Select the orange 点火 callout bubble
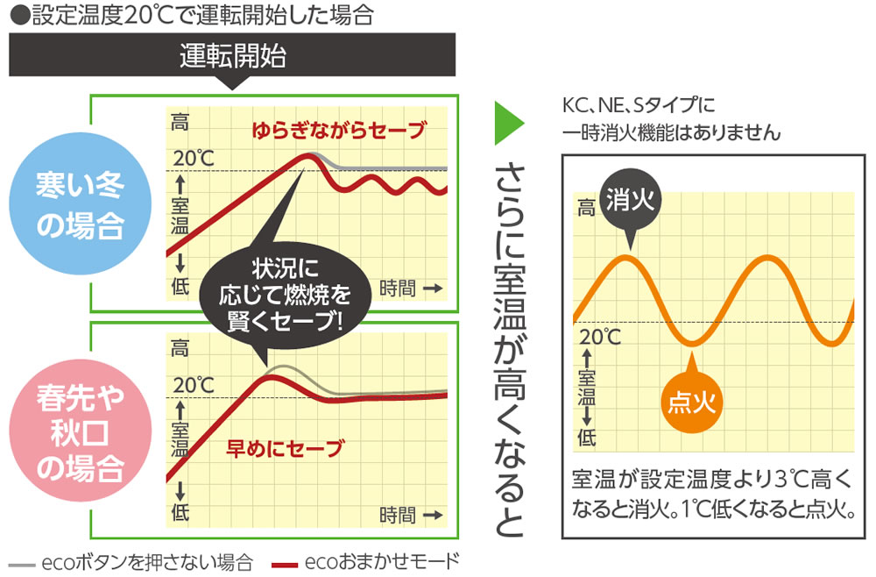[692, 402]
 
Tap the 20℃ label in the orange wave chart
[600, 337]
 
